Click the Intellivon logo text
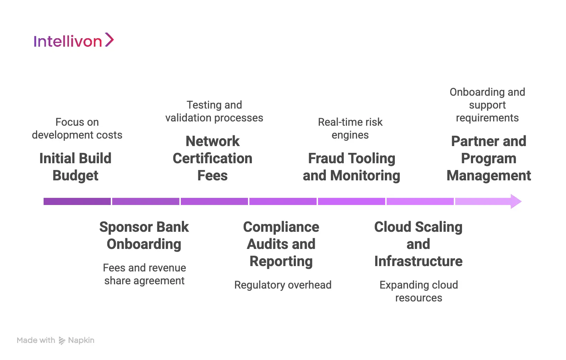pyautogui.click(x=68, y=41)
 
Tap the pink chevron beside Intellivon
pyautogui.click(x=109, y=40)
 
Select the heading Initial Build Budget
pyautogui.click(x=75, y=167)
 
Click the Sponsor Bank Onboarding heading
pyautogui.click(x=144, y=235)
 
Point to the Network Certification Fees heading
pyautogui.click(x=213, y=158)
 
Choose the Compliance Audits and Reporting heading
pyautogui.click(x=281, y=244)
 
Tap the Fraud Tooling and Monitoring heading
pyautogui.click(x=352, y=167)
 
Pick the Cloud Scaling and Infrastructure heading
pyautogui.click(x=418, y=244)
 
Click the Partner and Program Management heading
pyautogui.click(x=488, y=158)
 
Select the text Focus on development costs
pyautogui.click(x=77, y=129)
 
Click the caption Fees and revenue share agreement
pyautogui.click(x=144, y=274)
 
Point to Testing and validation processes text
pyautogui.click(x=214, y=111)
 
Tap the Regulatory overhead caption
pyautogui.click(x=283, y=285)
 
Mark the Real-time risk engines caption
pyautogui.click(x=350, y=129)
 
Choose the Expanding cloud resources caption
pyautogui.click(x=418, y=291)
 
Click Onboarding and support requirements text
pyautogui.click(x=487, y=105)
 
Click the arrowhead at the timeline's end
pyautogui.click(x=515, y=201)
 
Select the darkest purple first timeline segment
pyautogui.click(x=77, y=201)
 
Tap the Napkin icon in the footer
pyautogui.click(x=62, y=341)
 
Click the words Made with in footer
pyautogui.click(x=36, y=340)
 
